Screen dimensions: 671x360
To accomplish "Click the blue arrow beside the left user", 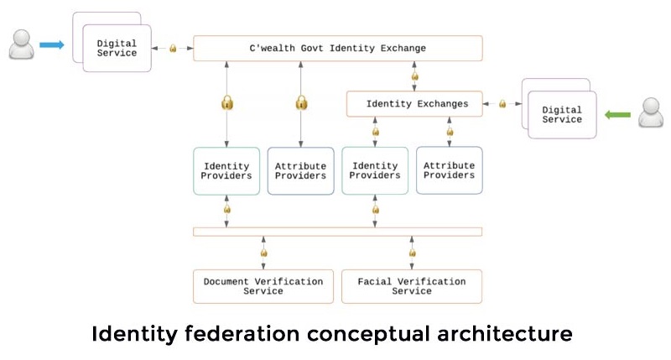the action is pos(52,44).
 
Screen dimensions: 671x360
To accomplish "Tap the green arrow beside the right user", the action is pos(617,115).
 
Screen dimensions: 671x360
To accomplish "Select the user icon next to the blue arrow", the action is pos(22,44).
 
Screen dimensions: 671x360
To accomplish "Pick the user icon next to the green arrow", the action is pos(651,112).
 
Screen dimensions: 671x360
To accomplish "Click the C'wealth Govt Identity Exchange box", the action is pos(338,48).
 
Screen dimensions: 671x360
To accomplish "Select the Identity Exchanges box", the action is pos(414,103).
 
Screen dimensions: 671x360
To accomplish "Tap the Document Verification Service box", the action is pos(263,286).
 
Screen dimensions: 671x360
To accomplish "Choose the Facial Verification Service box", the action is pos(412,286).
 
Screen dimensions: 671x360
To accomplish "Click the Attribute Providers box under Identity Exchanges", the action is pos(450,170).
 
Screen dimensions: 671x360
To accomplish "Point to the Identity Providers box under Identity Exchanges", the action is pos(375,171).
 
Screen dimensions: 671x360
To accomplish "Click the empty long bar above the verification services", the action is pos(338,232).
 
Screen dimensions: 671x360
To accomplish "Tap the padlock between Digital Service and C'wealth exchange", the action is pos(173,49).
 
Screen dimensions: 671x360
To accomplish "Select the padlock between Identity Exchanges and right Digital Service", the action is pos(502,103).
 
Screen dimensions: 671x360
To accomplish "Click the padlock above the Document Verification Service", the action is pos(263,253).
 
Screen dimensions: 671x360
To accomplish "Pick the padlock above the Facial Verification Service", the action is pos(412,253).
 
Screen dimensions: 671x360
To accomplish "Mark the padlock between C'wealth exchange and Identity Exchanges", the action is pos(414,76).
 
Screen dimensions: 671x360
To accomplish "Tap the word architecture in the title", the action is pos(505,334).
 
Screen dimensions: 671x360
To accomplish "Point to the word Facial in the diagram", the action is pos(374,282).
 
